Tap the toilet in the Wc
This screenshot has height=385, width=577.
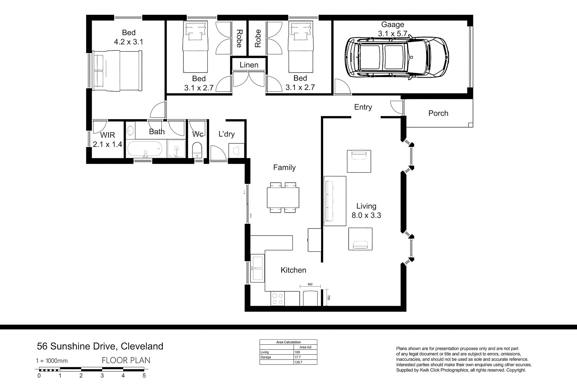pos(197,150)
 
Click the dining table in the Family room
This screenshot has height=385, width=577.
pos(283,197)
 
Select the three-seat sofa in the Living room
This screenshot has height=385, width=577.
pos(335,201)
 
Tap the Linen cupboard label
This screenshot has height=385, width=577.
pos(249,65)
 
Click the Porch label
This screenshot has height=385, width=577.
pos(438,113)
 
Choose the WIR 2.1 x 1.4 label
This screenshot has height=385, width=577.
pos(107,140)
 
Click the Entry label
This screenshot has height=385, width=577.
pos(363,107)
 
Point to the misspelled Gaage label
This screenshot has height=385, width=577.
pos(392,25)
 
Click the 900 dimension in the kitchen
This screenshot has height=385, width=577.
pos(310,284)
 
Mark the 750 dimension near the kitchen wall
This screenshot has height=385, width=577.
pos(329,297)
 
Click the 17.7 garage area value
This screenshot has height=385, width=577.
pos(298,357)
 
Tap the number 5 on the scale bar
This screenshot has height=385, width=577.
pos(144,376)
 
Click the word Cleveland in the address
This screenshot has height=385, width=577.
pos(142,346)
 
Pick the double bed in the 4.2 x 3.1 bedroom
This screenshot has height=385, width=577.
pos(117,71)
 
